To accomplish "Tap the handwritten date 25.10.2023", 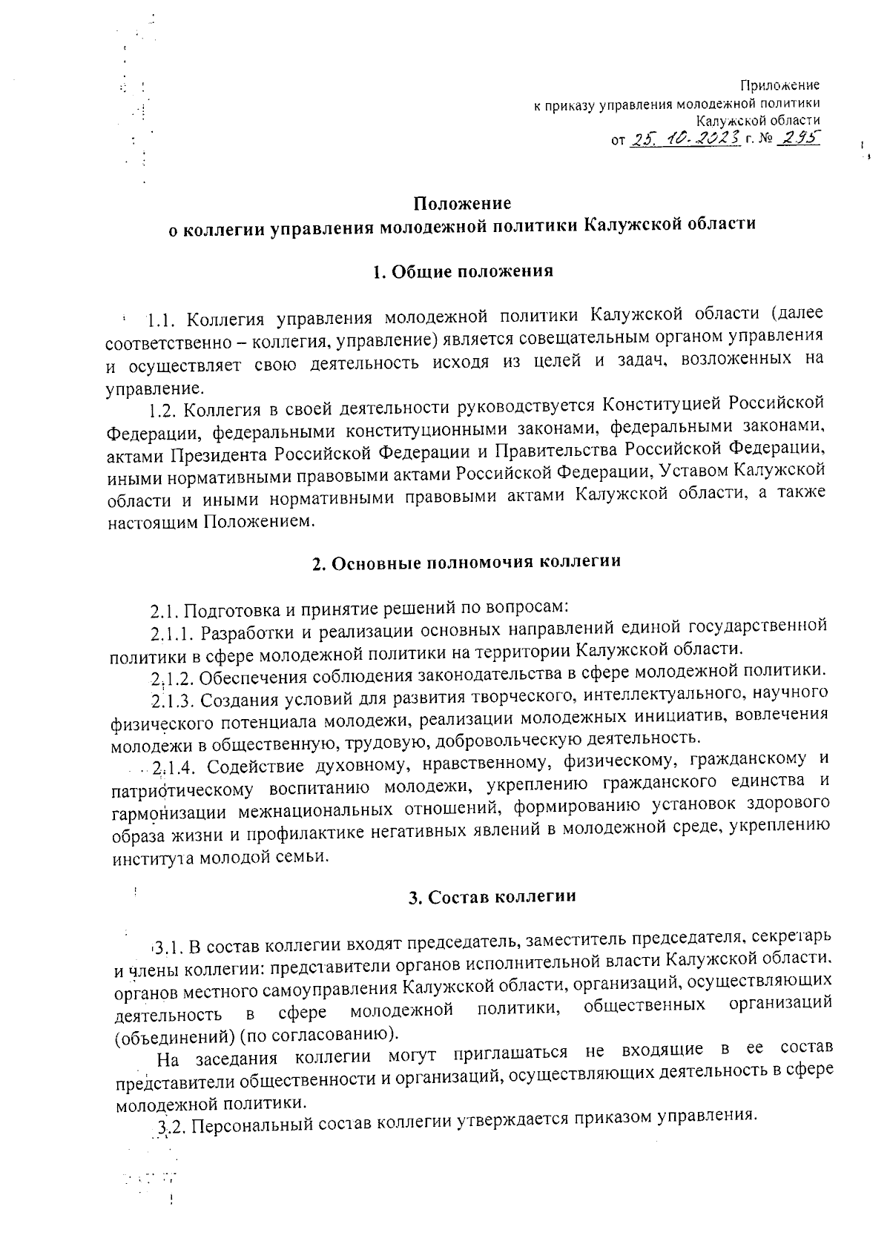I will tap(684, 138).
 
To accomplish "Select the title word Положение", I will tap(462, 202).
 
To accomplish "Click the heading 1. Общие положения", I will tap(462, 271).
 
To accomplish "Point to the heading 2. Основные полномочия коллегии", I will tap(465, 561).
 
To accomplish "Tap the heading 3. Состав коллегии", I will tap(492, 896).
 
